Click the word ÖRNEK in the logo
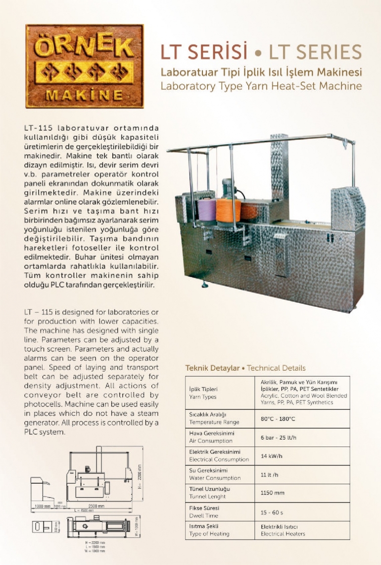[x=85, y=48]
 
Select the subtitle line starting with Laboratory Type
[x=261, y=86]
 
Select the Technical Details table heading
[x=245, y=368]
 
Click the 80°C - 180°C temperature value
[x=278, y=419]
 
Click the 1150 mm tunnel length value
[x=272, y=493]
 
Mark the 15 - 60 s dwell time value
[x=272, y=511]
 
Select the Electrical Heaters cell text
[x=283, y=534]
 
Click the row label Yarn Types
[x=203, y=397]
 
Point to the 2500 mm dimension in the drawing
[x=96, y=506]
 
